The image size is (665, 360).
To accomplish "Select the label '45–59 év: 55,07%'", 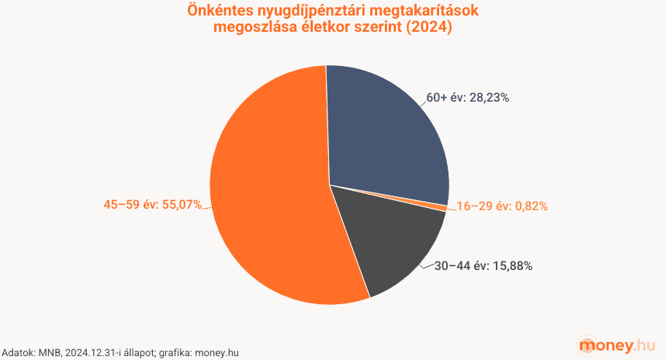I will tap(153, 205).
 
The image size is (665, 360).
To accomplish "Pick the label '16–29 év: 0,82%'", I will tap(502, 206).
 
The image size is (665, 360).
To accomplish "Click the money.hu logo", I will tap(618, 344).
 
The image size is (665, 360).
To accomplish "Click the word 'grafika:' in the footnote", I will tap(175, 352).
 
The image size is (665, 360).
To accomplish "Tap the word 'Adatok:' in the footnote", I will tap(17, 352).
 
